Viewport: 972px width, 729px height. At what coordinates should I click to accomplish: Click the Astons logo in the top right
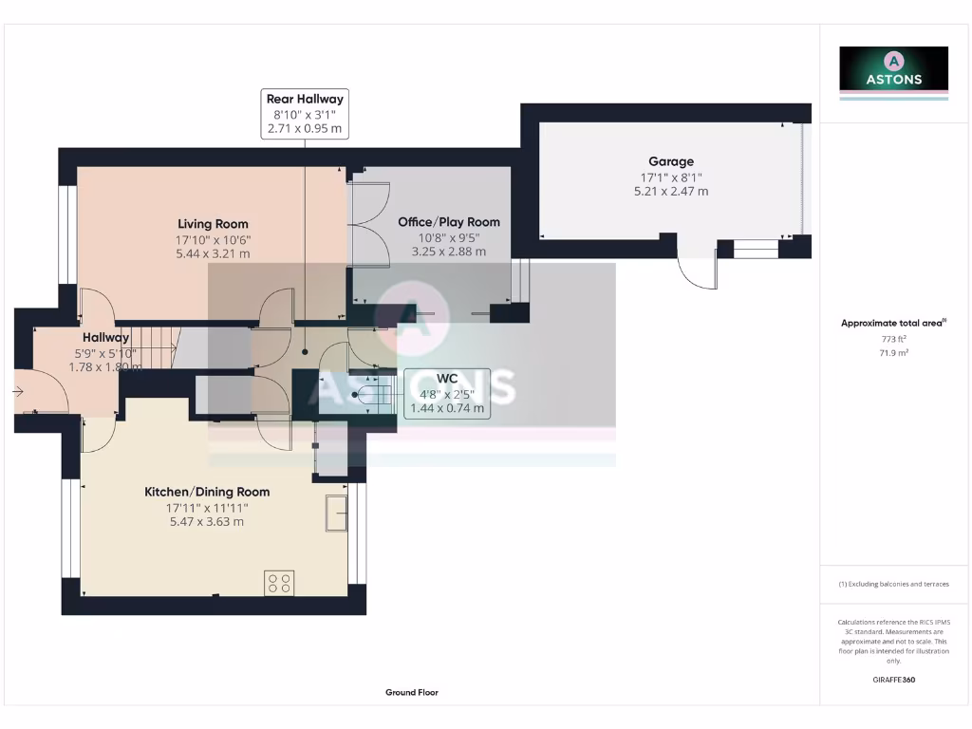tap(893, 72)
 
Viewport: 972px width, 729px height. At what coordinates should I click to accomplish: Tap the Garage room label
tap(670, 161)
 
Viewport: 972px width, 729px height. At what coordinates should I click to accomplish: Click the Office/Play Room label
tap(449, 222)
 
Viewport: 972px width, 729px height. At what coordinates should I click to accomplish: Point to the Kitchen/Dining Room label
tap(207, 492)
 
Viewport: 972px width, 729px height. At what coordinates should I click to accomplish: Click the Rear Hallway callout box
tap(305, 114)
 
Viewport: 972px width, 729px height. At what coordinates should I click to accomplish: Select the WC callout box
tap(447, 393)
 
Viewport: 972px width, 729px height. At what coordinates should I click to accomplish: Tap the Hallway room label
tap(105, 338)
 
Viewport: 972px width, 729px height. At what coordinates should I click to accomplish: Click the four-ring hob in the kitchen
tap(280, 582)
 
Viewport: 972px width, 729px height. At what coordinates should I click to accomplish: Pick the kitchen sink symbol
tap(336, 513)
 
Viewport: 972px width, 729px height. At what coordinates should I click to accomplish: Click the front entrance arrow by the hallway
tap(19, 390)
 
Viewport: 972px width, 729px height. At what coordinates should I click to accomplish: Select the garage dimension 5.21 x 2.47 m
tap(670, 191)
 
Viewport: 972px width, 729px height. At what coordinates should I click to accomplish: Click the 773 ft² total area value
tap(893, 339)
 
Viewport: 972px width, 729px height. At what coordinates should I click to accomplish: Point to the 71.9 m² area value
tap(893, 353)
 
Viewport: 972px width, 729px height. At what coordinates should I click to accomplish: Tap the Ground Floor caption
tap(412, 693)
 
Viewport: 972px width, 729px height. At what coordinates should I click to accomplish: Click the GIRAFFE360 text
tap(893, 680)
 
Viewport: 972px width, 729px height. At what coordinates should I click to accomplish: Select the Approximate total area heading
tap(892, 324)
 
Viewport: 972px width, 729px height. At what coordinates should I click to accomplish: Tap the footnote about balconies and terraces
tap(893, 584)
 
